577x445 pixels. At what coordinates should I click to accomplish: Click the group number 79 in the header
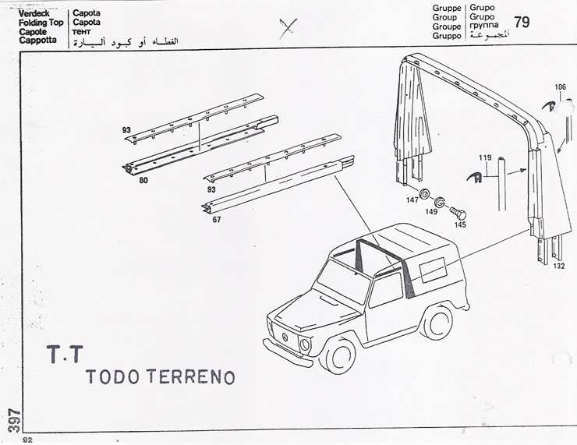pos(522,22)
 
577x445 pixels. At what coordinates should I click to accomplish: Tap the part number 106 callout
pos(560,87)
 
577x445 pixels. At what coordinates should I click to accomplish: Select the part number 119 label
pos(485,157)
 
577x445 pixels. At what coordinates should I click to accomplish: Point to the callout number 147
pos(412,200)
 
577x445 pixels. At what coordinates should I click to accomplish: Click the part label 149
pos(431,211)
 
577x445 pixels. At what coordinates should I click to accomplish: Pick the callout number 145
pos(460,224)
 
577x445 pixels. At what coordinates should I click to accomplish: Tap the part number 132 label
pos(558,267)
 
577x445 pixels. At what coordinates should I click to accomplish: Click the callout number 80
pos(143,180)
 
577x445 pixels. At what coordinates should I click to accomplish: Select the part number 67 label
pos(217,220)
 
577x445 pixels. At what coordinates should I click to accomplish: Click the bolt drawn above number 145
pos(458,213)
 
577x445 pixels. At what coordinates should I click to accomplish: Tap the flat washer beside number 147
pos(426,194)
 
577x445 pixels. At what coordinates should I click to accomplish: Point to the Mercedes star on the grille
pos(284,337)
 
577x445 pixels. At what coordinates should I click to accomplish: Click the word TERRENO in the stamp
pos(190,376)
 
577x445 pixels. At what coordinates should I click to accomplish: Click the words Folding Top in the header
pos(41,23)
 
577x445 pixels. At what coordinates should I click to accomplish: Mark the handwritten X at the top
pos(288,28)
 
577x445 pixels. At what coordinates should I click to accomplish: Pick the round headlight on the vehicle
pos(305,344)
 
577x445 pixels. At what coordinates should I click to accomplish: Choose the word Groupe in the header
pos(447,26)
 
